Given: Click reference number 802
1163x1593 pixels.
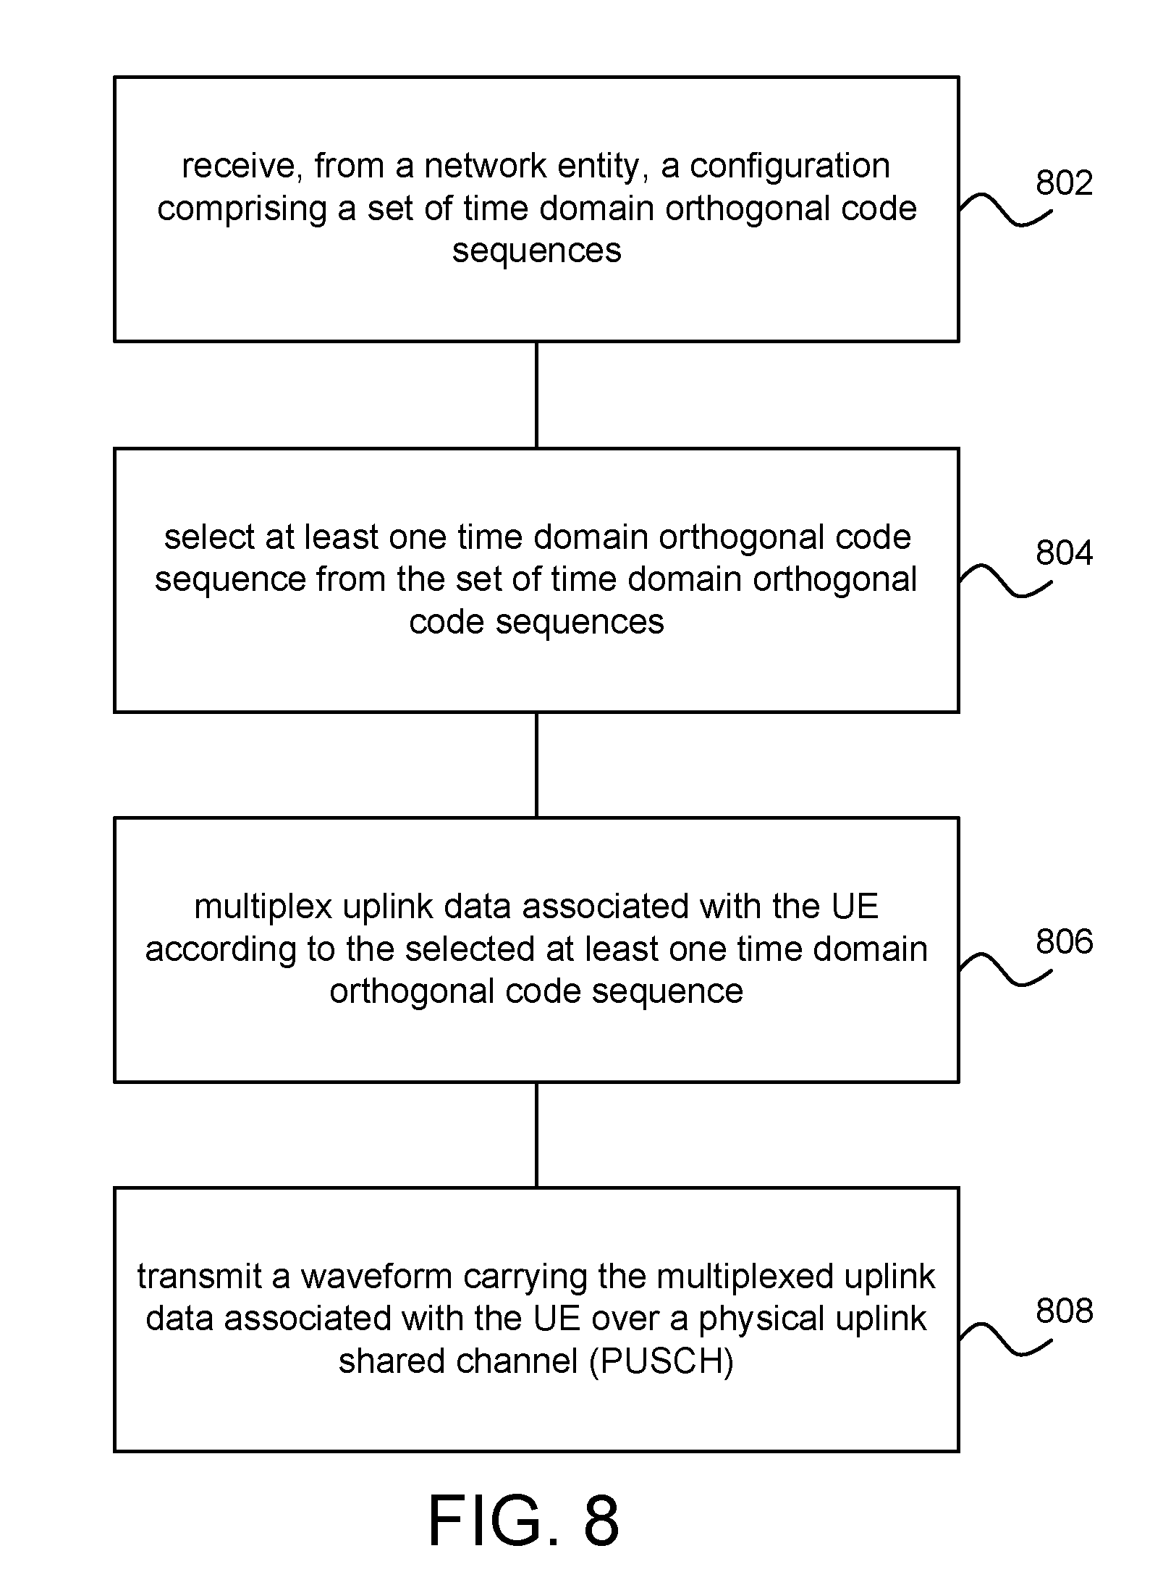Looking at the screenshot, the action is [1064, 182].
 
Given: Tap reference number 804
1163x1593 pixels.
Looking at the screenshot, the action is [1064, 552].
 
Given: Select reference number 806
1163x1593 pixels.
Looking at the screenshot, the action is [1064, 941].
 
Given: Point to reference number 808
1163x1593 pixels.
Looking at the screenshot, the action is [1064, 1311].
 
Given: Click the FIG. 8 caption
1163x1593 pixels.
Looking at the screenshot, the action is [524, 1521].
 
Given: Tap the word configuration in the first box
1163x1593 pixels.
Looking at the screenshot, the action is [789, 167].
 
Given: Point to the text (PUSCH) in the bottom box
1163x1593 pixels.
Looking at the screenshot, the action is [661, 1362].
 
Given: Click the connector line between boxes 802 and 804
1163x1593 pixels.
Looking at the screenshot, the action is [536, 395].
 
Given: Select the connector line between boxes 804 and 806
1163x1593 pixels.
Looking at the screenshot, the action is [536, 765].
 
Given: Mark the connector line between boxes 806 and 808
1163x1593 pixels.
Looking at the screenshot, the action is [536, 1135].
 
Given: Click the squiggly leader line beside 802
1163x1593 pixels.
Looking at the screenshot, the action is [1005, 210].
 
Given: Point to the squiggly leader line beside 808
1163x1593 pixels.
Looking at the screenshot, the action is [1005, 1338].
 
